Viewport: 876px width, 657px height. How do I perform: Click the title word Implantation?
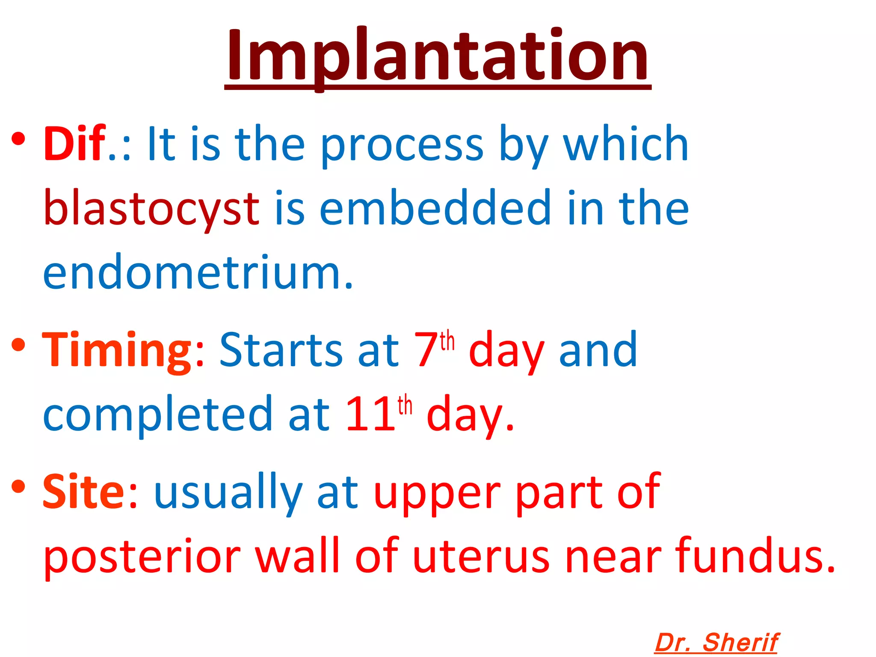point(437,56)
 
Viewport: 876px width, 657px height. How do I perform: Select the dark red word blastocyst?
point(151,208)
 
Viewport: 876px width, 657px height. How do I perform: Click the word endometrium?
point(198,272)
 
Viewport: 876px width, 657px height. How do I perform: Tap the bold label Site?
point(84,492)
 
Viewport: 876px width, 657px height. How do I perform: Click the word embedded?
point(435,208)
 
